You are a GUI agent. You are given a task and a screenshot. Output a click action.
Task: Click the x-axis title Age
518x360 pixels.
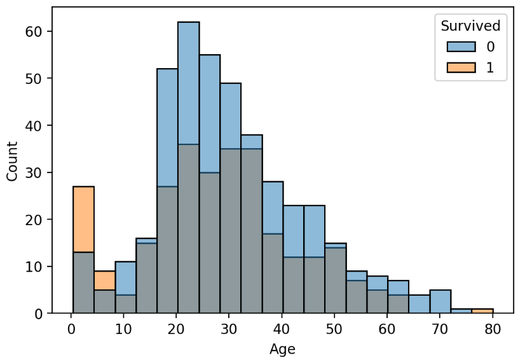(282, 349)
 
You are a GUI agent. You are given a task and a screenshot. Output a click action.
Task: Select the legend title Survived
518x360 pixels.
(470, 26)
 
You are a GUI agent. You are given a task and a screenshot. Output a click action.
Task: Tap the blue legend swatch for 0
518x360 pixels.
(461, 46)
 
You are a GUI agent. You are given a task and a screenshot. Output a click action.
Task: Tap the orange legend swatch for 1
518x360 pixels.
(461, 67)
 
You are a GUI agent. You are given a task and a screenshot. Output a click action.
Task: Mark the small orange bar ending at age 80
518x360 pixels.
(482, 311)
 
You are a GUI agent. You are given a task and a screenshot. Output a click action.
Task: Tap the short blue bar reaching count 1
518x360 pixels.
(461, 311)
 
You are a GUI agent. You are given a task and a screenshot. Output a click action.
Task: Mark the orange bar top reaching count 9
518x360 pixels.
(104, 280)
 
